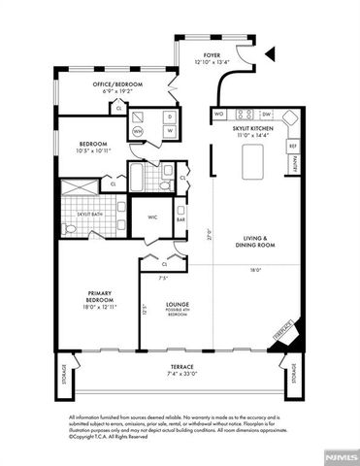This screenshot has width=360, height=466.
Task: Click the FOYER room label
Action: coord(212,55)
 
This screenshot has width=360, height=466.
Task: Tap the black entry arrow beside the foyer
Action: coord(272,53)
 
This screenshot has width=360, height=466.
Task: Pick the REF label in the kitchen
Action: coord(291,147)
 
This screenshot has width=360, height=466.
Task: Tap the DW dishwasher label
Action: coord(265,115)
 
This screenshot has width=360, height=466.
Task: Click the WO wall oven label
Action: coord(219,115)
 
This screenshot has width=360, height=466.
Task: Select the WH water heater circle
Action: coord(137,131)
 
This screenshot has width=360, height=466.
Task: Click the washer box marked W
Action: coord(169,131)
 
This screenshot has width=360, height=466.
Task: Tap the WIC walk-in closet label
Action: coord(151,216)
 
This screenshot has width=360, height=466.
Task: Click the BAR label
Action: coord(180,219)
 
